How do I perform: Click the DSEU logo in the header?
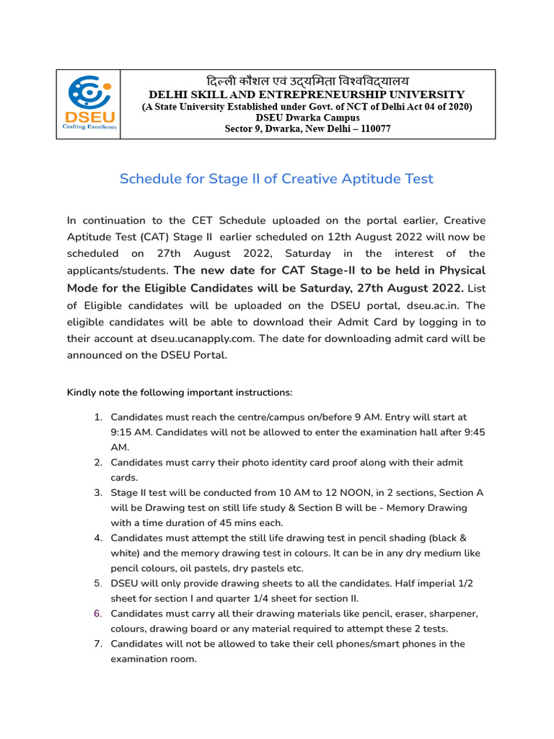point(89,104)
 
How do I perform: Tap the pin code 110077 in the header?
point(369,129)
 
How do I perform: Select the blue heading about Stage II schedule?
point(276,178)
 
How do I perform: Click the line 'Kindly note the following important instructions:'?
point(180,393)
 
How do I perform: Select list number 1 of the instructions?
point(98,417)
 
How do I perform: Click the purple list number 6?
point(98,613)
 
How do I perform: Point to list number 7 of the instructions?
point(98,644)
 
